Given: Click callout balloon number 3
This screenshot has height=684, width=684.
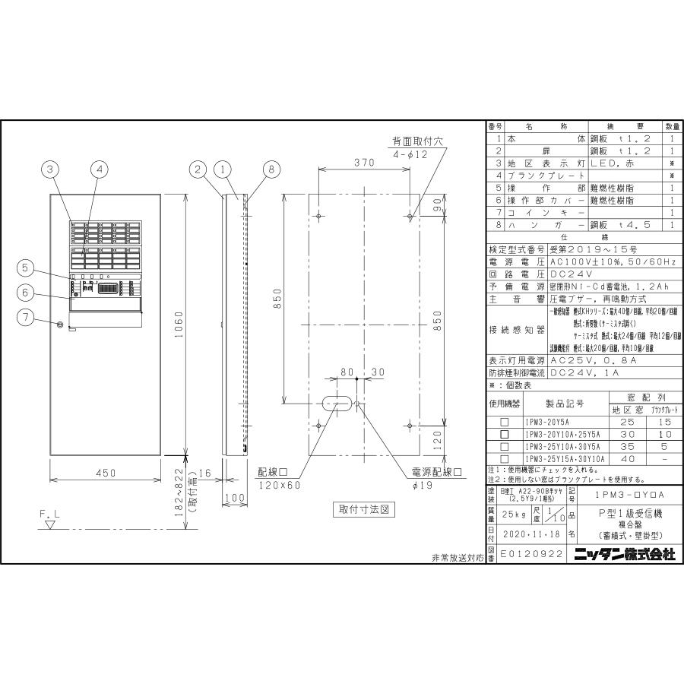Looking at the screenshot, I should (50, 169).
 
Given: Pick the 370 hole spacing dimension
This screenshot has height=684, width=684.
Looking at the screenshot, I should (363, 162).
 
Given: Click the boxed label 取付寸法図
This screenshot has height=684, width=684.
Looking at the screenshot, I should (363, 510).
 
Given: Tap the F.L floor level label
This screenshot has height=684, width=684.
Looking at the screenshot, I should (49, 514).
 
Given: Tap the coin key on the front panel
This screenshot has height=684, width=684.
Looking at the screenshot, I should (61, 325).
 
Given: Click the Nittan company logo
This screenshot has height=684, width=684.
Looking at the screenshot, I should (625, 555).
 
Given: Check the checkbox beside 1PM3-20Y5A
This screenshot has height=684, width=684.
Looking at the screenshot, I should (503, 421).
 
